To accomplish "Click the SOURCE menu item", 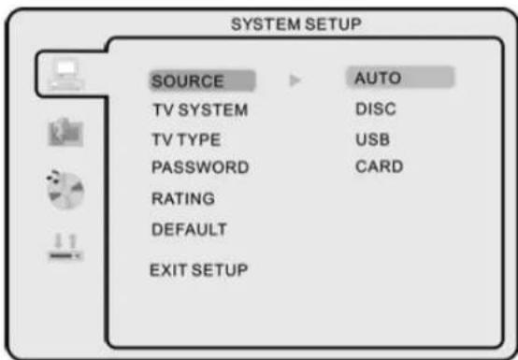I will click(x=187, y=80).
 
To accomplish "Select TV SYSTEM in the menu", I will click(x=199, y=109).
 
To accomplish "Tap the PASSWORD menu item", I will click(x=199, y=168).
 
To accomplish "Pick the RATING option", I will click(x=183, y=198).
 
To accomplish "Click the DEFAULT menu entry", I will click(x=189, y=228).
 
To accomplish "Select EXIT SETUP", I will click(x=198, y=270).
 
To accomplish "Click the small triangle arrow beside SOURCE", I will click(x=294, y=80).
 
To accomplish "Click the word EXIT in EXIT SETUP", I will click(x=166, y=270).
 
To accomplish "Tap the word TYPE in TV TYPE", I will click(x=202, y=139).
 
